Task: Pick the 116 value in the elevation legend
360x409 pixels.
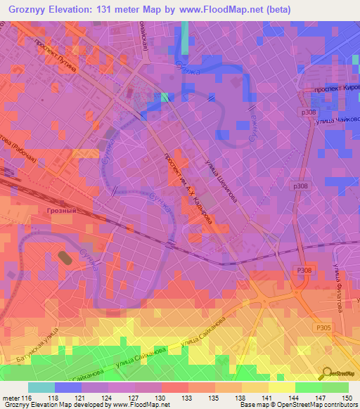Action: click(x=27, y=398)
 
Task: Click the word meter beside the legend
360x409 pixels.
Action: click(x=11, y=398)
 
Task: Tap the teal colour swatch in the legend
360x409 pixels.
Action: click(x=41, y=387)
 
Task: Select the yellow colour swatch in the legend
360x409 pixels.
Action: click(x=281, y=387)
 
